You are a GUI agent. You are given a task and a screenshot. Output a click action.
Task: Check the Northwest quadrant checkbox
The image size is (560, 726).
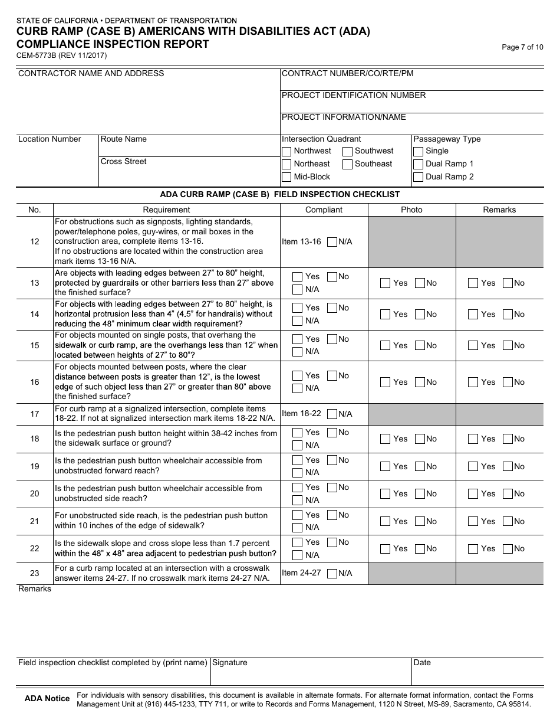(x=286, y=151)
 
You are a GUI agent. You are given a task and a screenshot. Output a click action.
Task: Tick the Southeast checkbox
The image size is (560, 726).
(x=348, y=164)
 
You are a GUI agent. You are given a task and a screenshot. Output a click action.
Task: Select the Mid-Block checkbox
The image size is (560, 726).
(x=286, y=177)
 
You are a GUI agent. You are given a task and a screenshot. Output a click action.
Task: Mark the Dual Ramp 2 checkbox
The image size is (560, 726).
(x=418, y=177)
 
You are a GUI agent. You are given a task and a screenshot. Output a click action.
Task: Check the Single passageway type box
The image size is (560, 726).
(x=418, y=151)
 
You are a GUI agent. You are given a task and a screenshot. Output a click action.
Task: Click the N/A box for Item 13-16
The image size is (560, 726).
(x=332, y=242)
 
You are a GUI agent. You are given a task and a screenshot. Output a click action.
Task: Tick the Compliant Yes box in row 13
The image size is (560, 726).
(x=298, y=277)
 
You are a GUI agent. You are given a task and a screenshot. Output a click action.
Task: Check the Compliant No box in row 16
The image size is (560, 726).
(x=332, y=376)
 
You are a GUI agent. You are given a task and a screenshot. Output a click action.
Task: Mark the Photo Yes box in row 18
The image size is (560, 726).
(x=385, y=439)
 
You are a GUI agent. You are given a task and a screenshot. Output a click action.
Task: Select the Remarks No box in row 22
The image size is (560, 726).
(x=508, y=549)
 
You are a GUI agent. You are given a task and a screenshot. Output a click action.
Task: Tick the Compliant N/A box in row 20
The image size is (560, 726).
(x=298, y=500)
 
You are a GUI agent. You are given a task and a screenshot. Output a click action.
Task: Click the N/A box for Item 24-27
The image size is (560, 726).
(x=332, y=573)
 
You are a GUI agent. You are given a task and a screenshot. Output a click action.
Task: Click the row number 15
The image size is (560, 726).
(x=35, y=345)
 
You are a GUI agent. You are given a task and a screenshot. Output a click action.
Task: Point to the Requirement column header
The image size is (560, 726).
(x=166, y=210)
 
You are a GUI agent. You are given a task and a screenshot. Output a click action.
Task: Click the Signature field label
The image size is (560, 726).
(x=230, y=663)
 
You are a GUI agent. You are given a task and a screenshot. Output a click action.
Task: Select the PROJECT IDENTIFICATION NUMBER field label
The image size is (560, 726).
(x=354, y=96)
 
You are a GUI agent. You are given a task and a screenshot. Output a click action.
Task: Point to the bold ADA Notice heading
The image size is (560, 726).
(x=47, y=699)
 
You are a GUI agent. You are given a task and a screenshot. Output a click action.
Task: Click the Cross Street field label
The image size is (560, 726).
(x=124, y=162)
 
